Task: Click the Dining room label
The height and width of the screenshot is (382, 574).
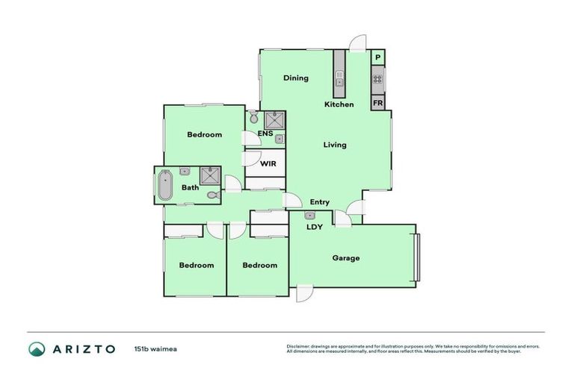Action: coord(296,78)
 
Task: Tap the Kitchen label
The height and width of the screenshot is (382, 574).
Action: coord(339,104)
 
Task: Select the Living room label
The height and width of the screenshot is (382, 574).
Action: coord(335,145)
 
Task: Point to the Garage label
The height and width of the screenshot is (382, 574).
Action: coord(346,258)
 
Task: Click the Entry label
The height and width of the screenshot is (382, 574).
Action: coord(320,202)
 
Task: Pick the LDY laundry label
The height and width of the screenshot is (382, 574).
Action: coord(315,227)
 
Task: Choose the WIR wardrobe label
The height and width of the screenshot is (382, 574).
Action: coord(268,163)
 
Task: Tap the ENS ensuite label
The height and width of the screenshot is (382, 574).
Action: coord(265,134)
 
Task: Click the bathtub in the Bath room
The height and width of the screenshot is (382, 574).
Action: coord(164,187)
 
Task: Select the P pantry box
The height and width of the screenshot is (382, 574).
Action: coord(378,58)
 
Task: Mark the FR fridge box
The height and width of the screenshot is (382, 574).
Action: coord(378,103)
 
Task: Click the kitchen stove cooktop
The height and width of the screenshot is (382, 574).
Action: coord(378,78)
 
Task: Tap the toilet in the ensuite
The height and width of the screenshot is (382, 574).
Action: coord(254,119)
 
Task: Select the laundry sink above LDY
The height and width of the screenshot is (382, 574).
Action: coord(310,216)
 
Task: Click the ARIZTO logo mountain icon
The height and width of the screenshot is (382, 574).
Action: coord(37,348)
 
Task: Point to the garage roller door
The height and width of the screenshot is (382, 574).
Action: coord(419,257)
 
